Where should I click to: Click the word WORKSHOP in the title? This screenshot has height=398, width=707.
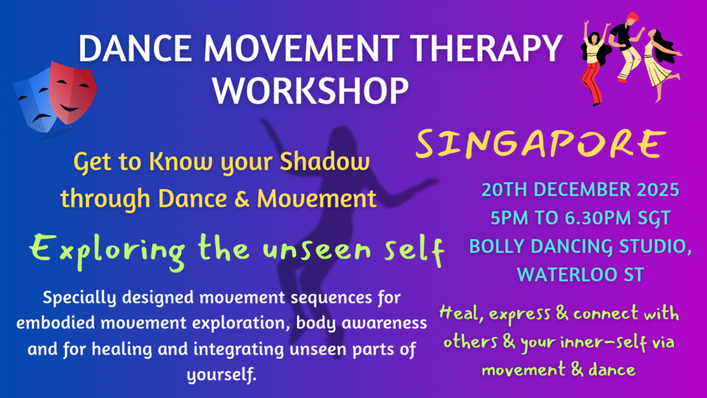tap(311, 90)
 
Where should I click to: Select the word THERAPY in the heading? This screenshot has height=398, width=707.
tap(486, 48)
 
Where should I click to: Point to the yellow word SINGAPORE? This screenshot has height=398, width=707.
tap(541, 143)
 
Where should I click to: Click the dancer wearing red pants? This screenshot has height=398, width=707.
tap(595, 63)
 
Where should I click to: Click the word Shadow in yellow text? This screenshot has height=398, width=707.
tap(325, 161)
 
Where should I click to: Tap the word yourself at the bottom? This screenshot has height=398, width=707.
tap(222, 375)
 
